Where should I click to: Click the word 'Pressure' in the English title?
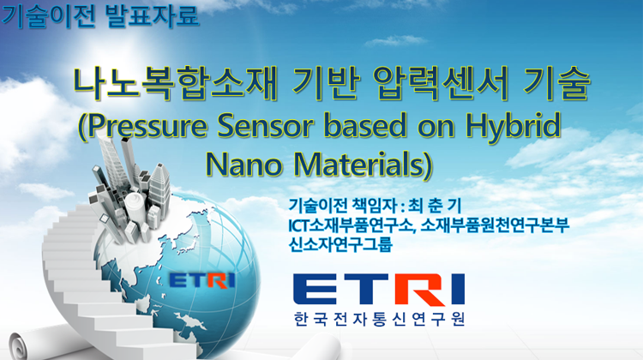147,125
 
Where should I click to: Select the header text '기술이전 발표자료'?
100,15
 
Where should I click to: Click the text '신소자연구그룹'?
340,244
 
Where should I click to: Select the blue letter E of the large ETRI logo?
315,290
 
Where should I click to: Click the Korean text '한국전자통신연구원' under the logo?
379,319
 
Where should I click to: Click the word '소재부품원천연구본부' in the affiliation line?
495,225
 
